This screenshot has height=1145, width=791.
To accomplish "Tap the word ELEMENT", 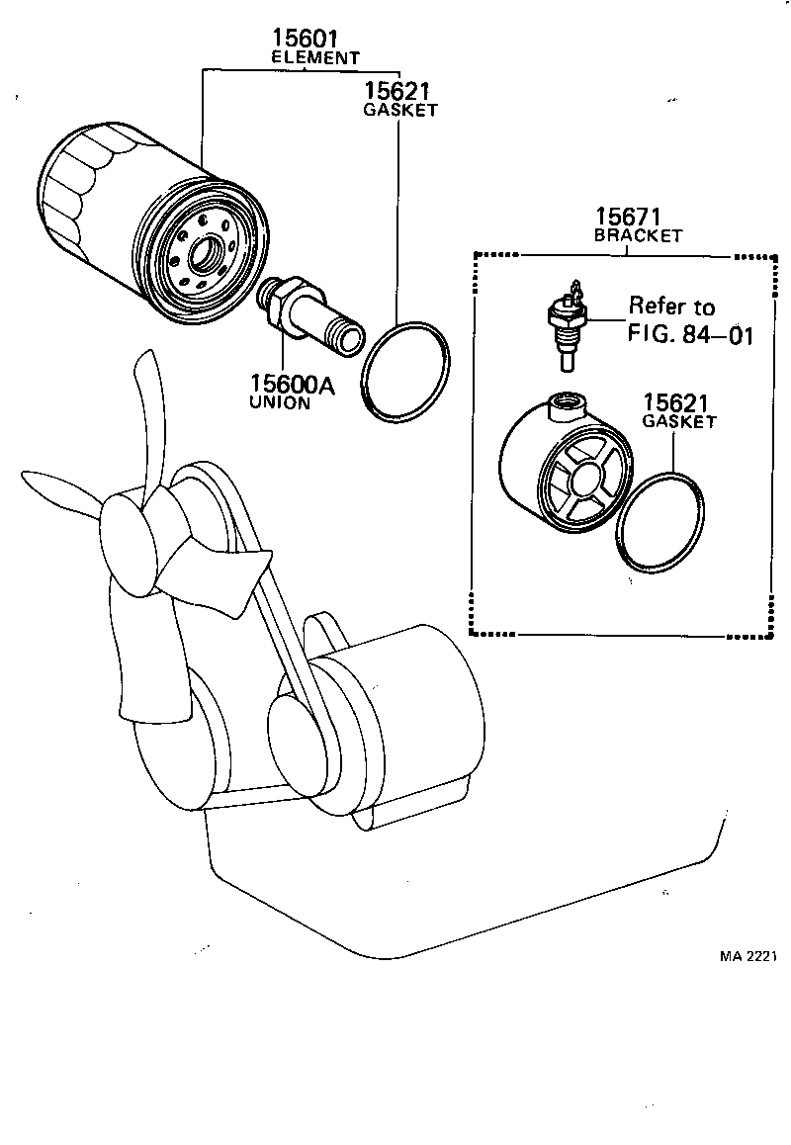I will (315, 58).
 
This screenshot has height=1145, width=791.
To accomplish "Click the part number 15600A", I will (292, 384).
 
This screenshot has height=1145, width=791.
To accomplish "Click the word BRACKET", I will (638, 236).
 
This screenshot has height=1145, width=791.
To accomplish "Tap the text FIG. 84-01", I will (690, 334).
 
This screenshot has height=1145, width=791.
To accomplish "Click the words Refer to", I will (671, 307).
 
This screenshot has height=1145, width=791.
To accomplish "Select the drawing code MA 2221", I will (748, 957).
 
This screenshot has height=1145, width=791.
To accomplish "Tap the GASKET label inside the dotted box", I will (678, 422).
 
